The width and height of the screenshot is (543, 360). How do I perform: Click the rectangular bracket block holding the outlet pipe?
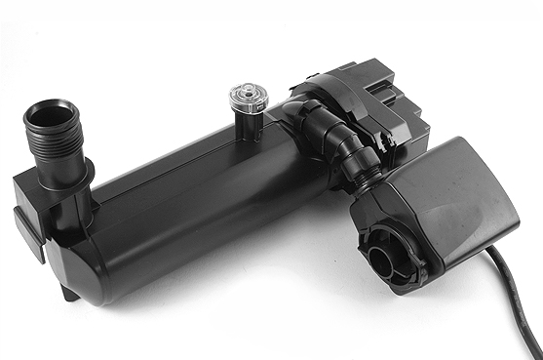click(x=44, y=205)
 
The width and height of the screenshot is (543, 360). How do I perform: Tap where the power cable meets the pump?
click(x=487, y=251)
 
